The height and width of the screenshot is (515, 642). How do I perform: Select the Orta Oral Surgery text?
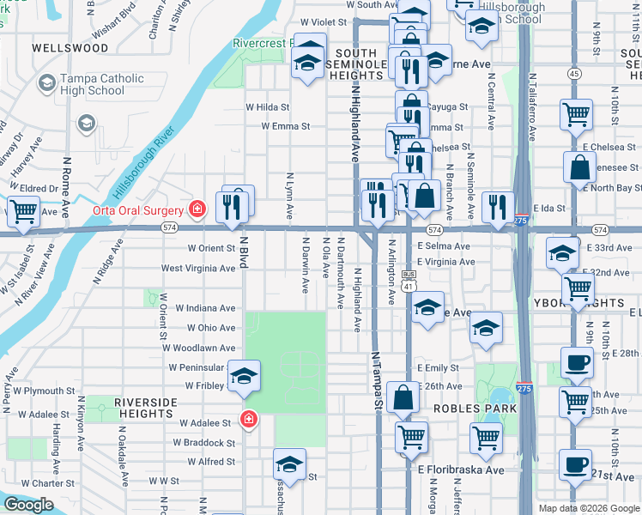pos(139,210)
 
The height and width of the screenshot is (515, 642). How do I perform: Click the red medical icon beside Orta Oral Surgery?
pos(197,209)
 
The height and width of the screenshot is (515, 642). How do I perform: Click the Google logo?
pos(28,505)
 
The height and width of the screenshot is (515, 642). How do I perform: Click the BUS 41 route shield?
pos(409,282)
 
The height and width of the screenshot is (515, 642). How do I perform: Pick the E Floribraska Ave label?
pos(461,470)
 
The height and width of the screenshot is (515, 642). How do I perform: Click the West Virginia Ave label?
pos(198,268)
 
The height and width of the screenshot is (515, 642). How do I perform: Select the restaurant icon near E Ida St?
pos(497,206)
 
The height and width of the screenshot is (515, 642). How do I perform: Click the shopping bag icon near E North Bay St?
pos(580,166)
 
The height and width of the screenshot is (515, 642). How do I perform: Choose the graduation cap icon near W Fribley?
pos(244,375)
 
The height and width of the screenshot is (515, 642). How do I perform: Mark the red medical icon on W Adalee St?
pos(248,420)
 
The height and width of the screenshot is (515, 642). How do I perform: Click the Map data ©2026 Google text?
pos(589,508)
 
